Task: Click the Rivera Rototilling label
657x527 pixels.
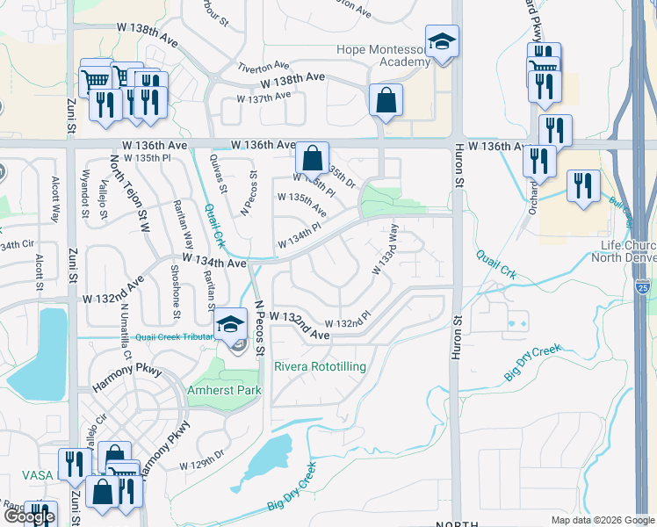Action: coord(320,366)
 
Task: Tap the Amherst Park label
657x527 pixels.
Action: coord(224,390)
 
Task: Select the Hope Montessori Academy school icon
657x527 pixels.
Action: coord(442,42)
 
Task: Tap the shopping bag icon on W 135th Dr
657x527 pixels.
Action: coord(312,158)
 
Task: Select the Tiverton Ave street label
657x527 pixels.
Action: coord(263,66)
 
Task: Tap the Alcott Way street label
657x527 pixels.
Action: coord(54,188)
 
